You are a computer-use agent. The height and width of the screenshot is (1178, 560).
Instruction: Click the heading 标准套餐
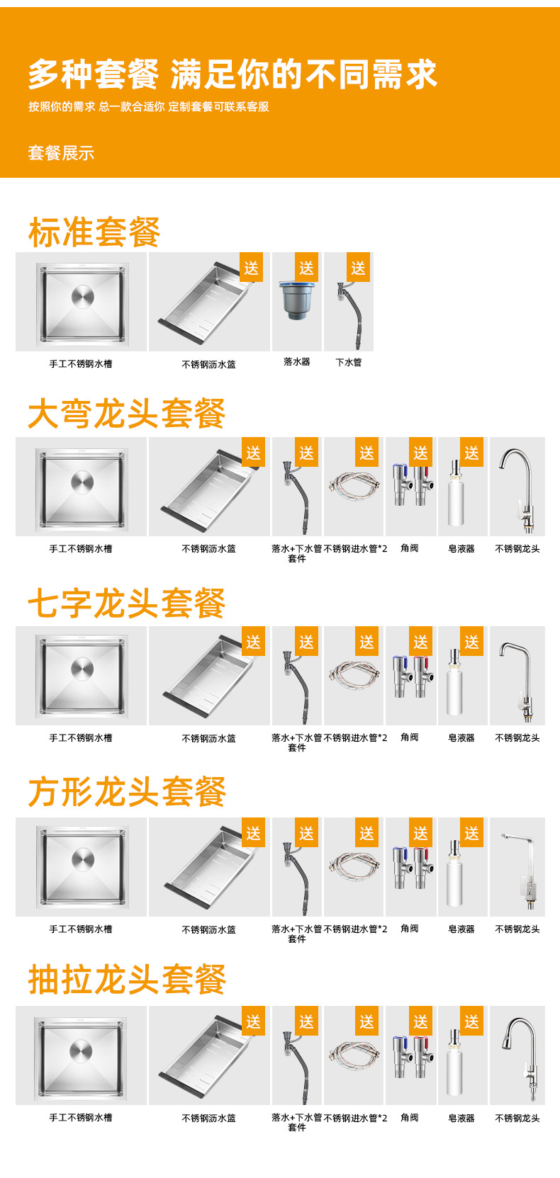click(x=94, y=232)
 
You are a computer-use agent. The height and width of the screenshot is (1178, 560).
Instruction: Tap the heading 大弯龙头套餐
click(x=126, y=414)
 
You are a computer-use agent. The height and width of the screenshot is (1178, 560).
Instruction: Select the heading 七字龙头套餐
click(x=126, y=604)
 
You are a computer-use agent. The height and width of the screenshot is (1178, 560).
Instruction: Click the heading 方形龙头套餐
click(x=126, y=792)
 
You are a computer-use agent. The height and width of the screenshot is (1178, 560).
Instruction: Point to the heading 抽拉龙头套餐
click(x=126, y=980)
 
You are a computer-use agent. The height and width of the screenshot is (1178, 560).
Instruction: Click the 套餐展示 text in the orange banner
click(x=61, y=153)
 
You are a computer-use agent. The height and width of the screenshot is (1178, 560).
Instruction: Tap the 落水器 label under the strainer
click(x=297, y=362)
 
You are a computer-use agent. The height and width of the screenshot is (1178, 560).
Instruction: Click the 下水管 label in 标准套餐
click(x=348, y=363)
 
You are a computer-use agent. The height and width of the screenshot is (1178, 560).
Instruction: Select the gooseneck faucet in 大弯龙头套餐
click(x=519, y=487)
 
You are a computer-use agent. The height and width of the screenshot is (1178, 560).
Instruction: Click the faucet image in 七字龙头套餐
click(x=517, y=676)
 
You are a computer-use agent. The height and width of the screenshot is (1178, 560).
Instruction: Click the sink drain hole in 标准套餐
click(x=82, y=298)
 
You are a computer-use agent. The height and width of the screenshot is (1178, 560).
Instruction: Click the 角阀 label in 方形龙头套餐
click(x=410, y=929)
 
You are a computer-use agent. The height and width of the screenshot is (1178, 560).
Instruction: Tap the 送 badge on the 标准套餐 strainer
click(x=306, y=268)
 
